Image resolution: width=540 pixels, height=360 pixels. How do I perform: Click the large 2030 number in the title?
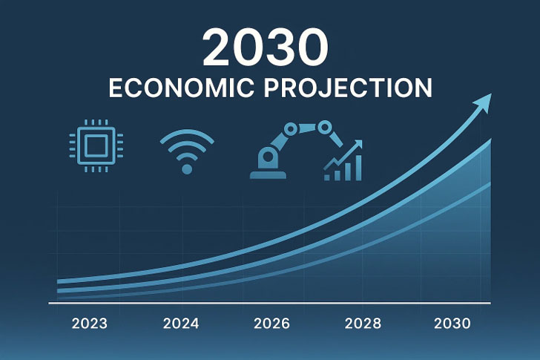click(265, 48)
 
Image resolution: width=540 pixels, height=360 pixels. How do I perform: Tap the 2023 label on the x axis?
click(89, 324)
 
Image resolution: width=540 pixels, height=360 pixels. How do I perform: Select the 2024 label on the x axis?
click(180, 324)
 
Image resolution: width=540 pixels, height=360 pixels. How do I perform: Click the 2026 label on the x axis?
click(271, 324)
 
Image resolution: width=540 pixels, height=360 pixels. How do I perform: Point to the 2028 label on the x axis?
click(363, 324)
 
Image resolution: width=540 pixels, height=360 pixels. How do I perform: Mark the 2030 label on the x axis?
click(453, 324)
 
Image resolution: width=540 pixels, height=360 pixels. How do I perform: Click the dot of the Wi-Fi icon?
click(187, 169)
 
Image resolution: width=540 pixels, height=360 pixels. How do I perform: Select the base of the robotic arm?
click(267, 174)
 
